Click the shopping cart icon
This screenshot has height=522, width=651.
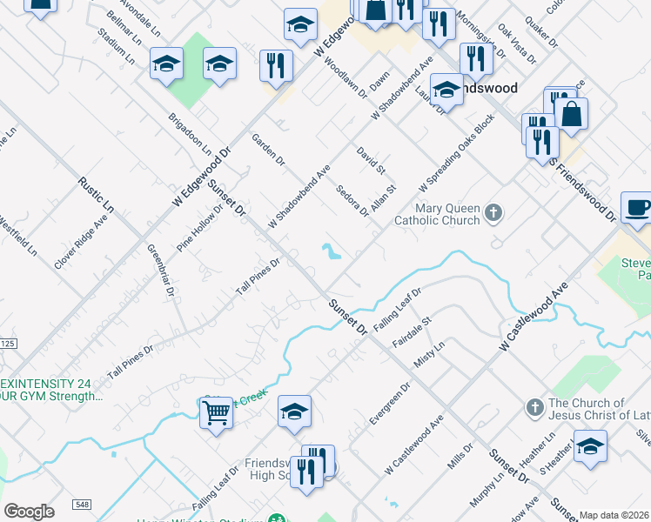tap(216, 412)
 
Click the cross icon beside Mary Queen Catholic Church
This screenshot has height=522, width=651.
tap(493, 213)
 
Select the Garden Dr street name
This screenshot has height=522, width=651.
tap(268, 149)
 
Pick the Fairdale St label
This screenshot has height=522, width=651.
tap(412, 333)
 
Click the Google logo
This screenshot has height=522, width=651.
tap(29, 512)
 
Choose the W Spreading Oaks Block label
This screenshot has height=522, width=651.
tap(456, 151)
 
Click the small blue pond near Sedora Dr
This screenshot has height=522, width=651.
tap(332, 252)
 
